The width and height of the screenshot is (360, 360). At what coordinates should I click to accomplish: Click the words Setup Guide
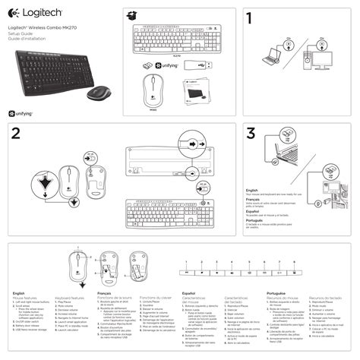pyautogui.click(x=19, y=35)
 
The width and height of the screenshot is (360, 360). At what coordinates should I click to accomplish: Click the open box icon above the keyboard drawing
pyautogui.click(x=134, y=15)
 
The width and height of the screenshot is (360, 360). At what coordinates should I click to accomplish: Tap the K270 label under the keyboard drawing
pyautogui.click(x=177, y=55)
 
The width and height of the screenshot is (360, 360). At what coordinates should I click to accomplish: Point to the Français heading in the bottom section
pyautogui.click(x=104, y=292)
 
